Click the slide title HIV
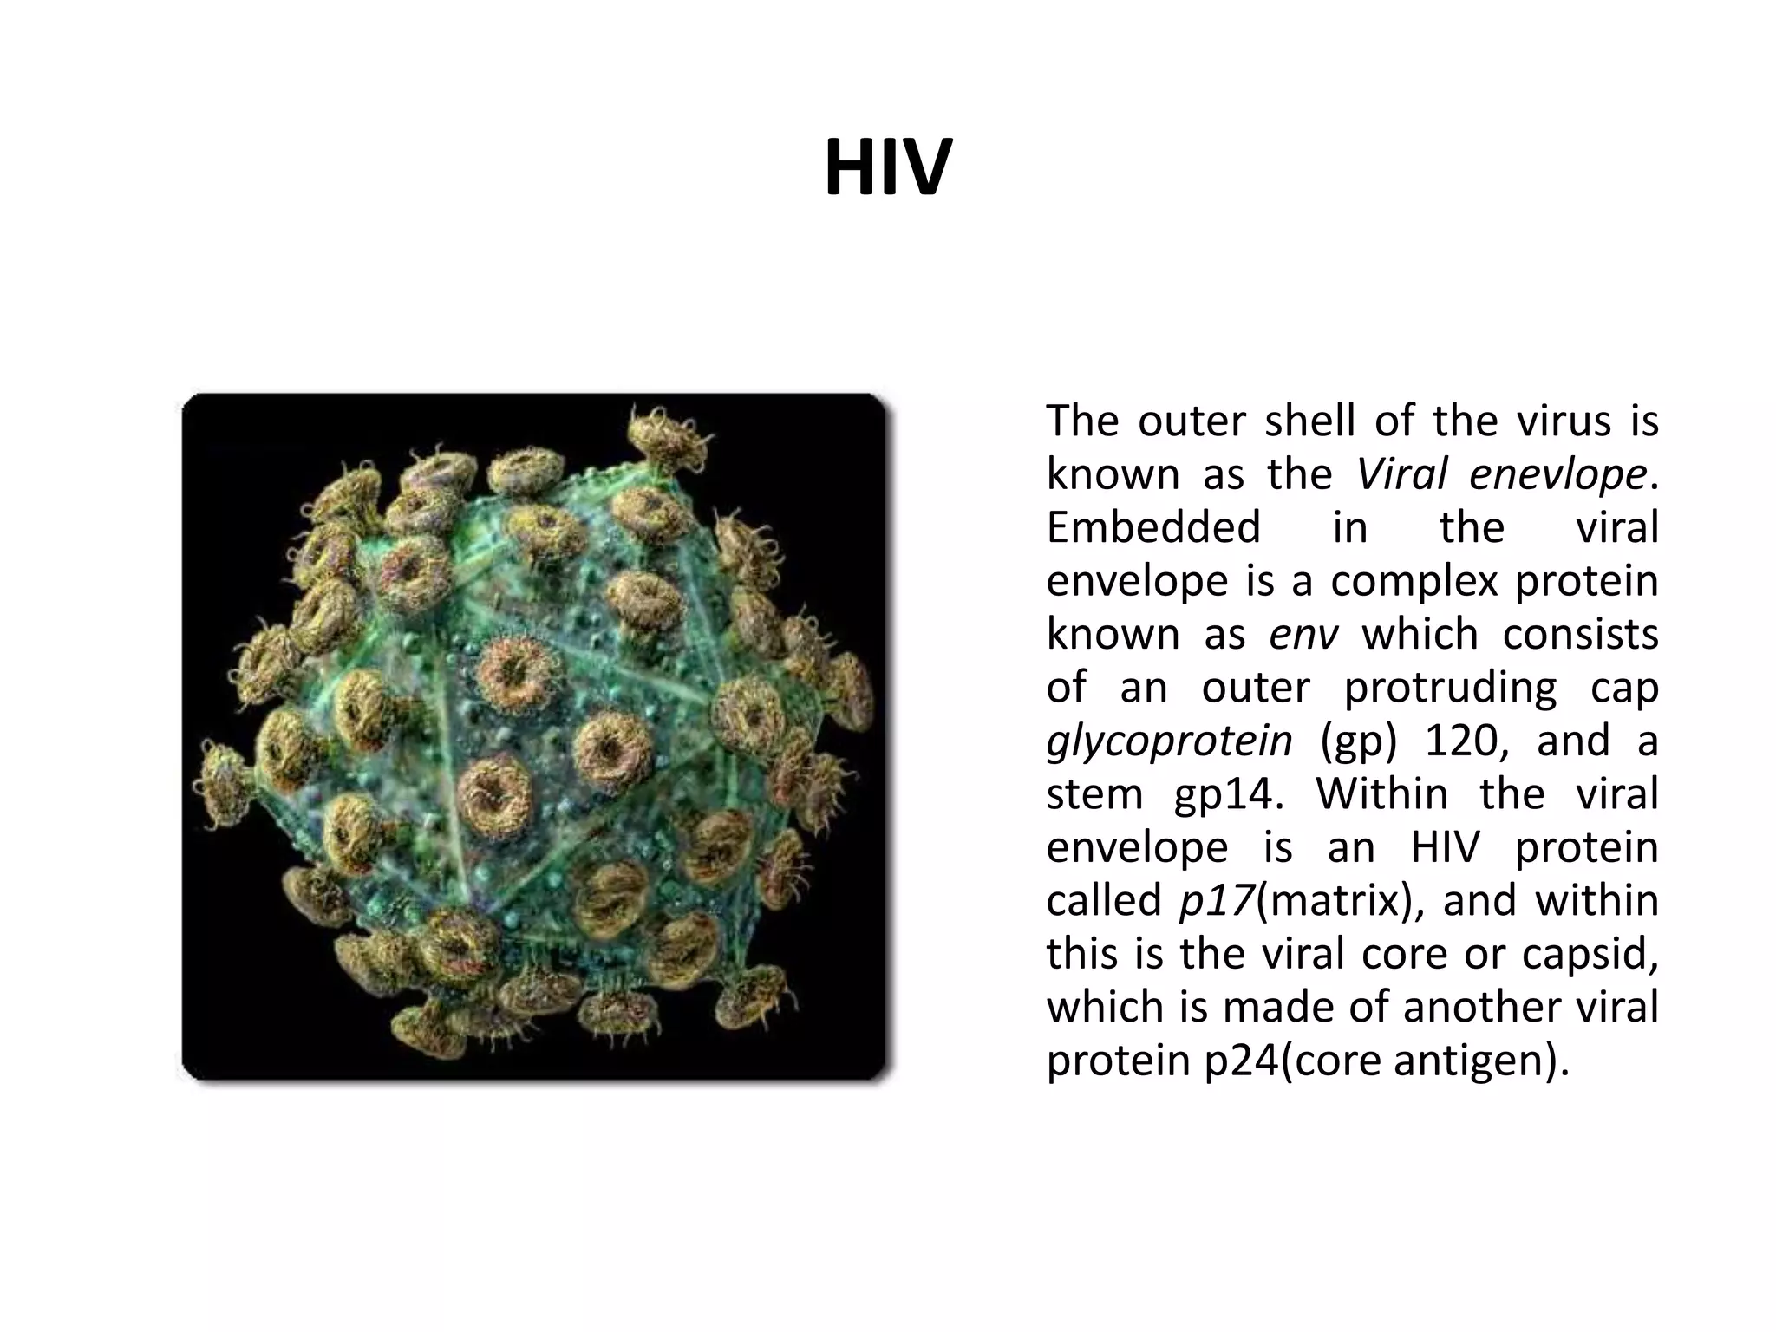click(x=888, y=168)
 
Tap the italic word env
click(x=1303, y=634)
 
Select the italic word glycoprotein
click(x=1169, y=741)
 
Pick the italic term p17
click(x=1217, y=900)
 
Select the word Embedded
click(x=1153, y=527)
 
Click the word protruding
click(x=1450, y=688)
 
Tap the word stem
click(x=1094, y=794)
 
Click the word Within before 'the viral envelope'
click(x=1381, y=793)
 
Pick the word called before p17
click(x=1103, y=900)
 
